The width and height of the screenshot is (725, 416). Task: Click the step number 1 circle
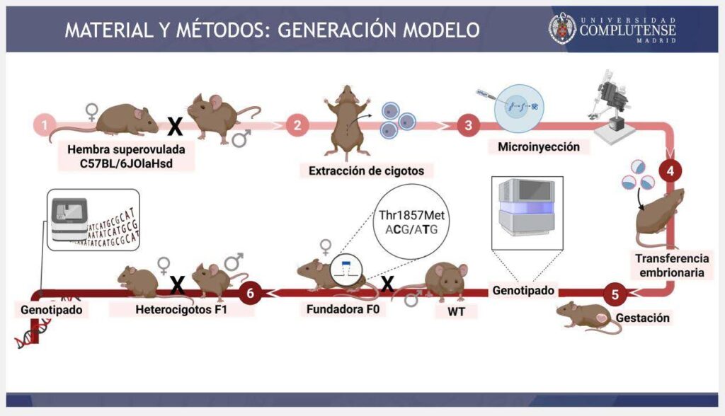(45, 125)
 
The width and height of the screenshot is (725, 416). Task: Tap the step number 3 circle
(468, 126)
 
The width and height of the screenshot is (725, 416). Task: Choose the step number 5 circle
(615, 293)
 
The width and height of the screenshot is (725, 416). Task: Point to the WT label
(447, 311)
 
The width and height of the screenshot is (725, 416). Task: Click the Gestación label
(642, 318)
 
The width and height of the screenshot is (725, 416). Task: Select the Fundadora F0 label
(336, 309)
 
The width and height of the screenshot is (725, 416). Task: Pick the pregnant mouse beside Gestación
(587, 316)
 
